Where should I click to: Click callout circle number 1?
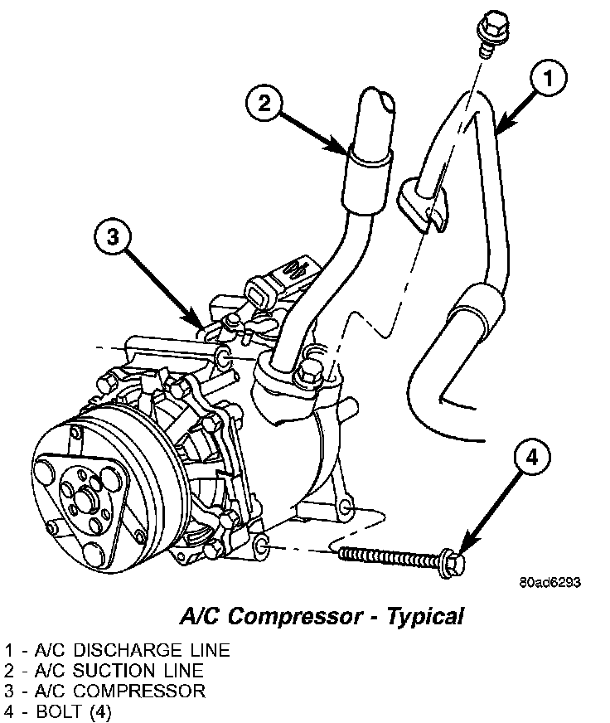point(549,80)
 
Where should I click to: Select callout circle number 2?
point(264,104)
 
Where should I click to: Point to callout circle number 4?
point(532,458)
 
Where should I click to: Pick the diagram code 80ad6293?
point(550,582)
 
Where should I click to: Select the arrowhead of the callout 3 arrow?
point(199,323)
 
